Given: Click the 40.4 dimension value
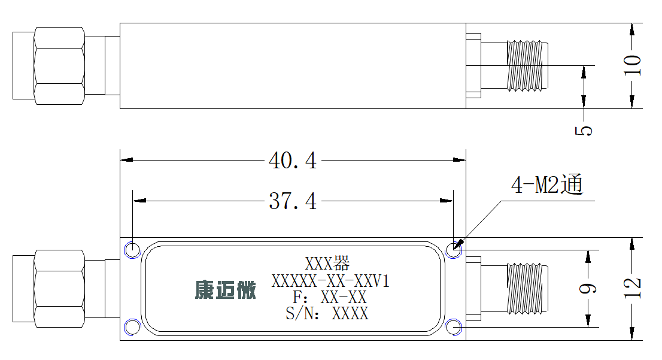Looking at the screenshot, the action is click(x=293, y=161).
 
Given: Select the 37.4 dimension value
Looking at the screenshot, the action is click(x=293, y=201).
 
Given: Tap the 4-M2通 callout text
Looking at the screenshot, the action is click(x=546, y=184).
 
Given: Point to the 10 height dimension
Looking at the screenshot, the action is click(x=632, y=65).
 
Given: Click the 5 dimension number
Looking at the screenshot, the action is click(x=584, y=130).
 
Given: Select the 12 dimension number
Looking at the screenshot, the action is click(x=632, y=288).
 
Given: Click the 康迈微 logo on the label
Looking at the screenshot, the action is click(x=226, y=290).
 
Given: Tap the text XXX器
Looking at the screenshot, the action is click(x=327, y=263).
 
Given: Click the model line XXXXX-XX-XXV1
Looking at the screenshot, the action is click(x=330, y=280).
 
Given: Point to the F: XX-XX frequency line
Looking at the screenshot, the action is click(x=330, y=297).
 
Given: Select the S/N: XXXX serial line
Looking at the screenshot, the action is click(x=327, y=313).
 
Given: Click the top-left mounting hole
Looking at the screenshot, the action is click(x=132, y=250).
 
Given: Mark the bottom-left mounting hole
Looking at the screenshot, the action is click(x=132, y=328).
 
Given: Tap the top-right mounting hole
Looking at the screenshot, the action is click(x=454, y=250).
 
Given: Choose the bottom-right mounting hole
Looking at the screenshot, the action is click(x=454, y=328).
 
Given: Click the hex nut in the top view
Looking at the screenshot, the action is click(x=59, y=65).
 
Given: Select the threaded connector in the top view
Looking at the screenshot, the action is click(x=527, y=65).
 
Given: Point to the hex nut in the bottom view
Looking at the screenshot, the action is click(x=59, y=289).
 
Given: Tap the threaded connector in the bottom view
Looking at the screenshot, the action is click(x=527, y=289).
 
